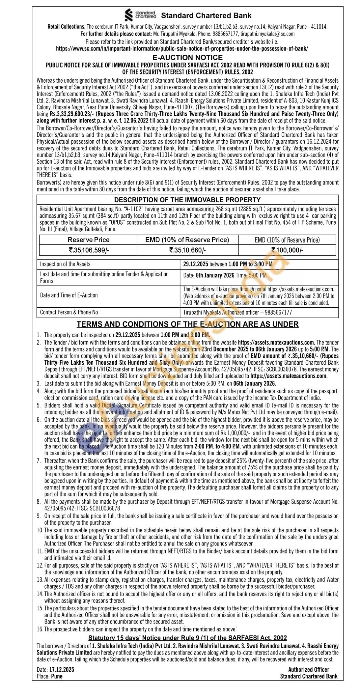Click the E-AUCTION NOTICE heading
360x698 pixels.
(x=187, y=57)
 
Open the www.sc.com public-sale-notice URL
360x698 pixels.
(x=182, y=48)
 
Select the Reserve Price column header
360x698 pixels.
(x=88, y=240)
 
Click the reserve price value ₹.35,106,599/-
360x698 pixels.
(x=88, y=250)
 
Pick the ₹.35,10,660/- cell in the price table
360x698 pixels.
(x=187, y=250)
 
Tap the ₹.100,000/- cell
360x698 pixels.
(x=287, y=250)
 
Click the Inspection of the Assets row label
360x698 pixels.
(x=65, y=264)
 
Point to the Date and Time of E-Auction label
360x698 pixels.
(x=69, y=295)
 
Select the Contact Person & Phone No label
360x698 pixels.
(x=69, y=312)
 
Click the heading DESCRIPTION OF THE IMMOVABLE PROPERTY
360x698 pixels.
(x=187, y=200)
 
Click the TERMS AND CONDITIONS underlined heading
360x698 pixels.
(x=187, y=324)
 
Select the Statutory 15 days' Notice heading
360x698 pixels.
(x=187, y=638)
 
